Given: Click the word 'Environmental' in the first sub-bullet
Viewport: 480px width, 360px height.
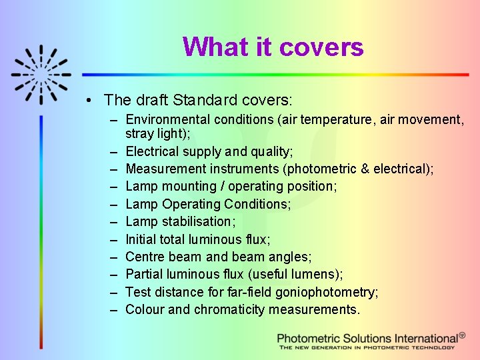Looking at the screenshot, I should pos(167,120).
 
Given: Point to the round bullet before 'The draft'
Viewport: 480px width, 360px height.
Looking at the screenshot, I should pos(89,101).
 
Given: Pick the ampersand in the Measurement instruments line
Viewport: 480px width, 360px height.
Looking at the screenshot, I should pos(365,169).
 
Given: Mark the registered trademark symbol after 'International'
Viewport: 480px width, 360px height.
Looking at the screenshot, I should pos(463,336).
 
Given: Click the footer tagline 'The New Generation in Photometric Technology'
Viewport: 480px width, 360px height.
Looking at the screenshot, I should pos(367,347).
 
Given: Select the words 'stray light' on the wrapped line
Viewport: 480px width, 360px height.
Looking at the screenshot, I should pos(156,134).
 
